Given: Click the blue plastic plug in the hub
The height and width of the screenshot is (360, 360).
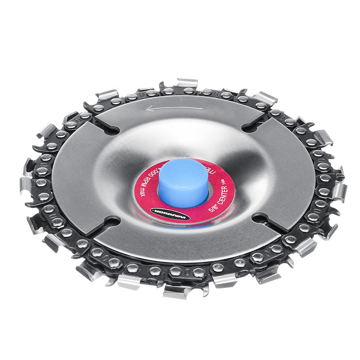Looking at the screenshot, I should pos(183,182).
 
